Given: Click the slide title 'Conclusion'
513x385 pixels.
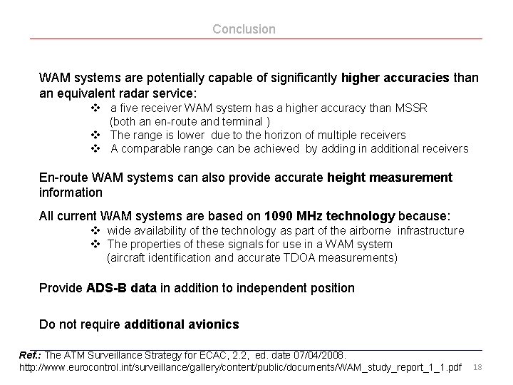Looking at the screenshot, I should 244,29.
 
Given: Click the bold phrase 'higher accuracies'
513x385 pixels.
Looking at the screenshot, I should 395,77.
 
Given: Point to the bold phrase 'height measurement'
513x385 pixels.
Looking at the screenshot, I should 390,177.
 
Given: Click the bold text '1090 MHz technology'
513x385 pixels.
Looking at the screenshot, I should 329,216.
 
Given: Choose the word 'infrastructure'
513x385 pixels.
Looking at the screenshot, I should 430,230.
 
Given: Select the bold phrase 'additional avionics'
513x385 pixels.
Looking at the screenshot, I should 182,324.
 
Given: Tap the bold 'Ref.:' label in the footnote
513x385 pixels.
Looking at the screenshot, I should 30,354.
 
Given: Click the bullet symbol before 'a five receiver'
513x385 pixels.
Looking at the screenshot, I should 95,108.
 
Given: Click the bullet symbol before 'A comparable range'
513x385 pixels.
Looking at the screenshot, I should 95,148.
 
